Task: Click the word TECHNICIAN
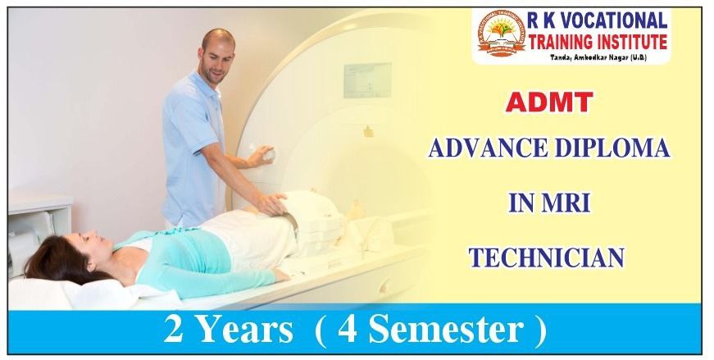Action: (546, 258)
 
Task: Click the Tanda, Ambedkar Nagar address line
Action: (603, 59)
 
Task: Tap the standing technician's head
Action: (216, 53)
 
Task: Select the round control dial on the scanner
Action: (264, 155)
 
